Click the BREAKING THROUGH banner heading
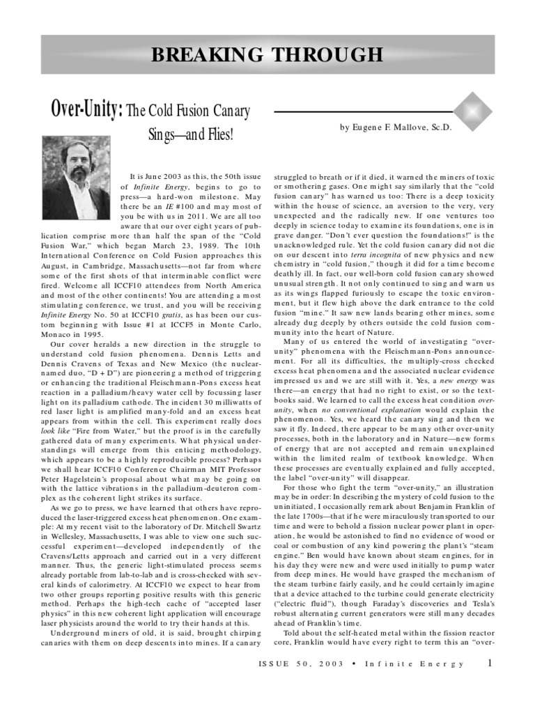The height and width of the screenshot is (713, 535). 267,54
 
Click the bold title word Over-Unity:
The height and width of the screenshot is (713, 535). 87,109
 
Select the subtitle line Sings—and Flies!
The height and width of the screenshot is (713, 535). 190,132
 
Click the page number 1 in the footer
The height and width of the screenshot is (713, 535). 490,663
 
